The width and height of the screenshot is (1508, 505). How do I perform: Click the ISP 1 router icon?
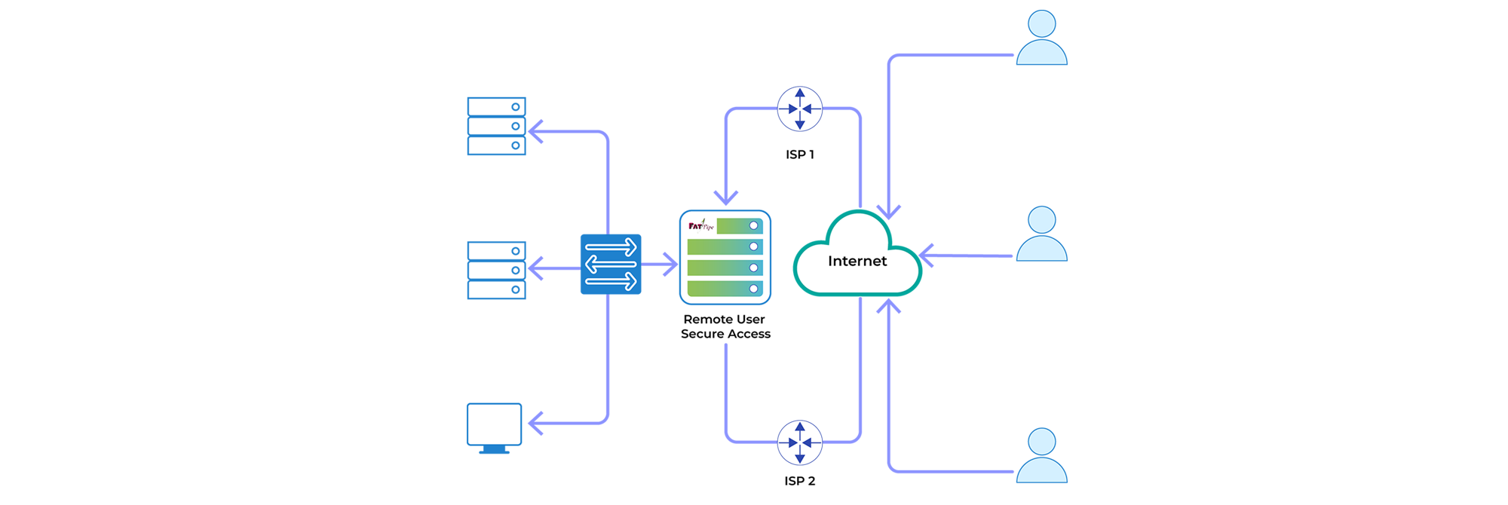(x=799, y=109)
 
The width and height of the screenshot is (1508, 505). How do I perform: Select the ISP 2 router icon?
(x=799, y=442)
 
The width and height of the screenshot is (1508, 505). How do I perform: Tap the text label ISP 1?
(x=799, y=155)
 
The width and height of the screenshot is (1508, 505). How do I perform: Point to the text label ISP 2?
(x=799, y=481)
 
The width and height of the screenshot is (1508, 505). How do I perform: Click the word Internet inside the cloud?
(x=857, y=262)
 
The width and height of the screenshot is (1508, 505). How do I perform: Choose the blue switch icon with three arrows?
(x=611, y=265)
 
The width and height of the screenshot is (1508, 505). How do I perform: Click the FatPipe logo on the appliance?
(x=700, y=225)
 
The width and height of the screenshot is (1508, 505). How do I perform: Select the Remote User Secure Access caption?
(x=725, y=326)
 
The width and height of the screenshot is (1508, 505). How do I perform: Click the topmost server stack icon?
(x=496, y=126)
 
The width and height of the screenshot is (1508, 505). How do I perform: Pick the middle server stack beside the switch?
(x=496, y=270)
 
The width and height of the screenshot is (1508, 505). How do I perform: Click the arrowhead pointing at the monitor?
(x=535, y=423)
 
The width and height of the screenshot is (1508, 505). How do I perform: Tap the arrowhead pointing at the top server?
(x=535, y=132)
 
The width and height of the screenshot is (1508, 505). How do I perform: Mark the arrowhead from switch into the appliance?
(x=671, y=265)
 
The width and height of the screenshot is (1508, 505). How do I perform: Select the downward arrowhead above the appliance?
(x=725, y=198)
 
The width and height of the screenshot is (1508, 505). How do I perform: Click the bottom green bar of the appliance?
(x=725, y=289)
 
